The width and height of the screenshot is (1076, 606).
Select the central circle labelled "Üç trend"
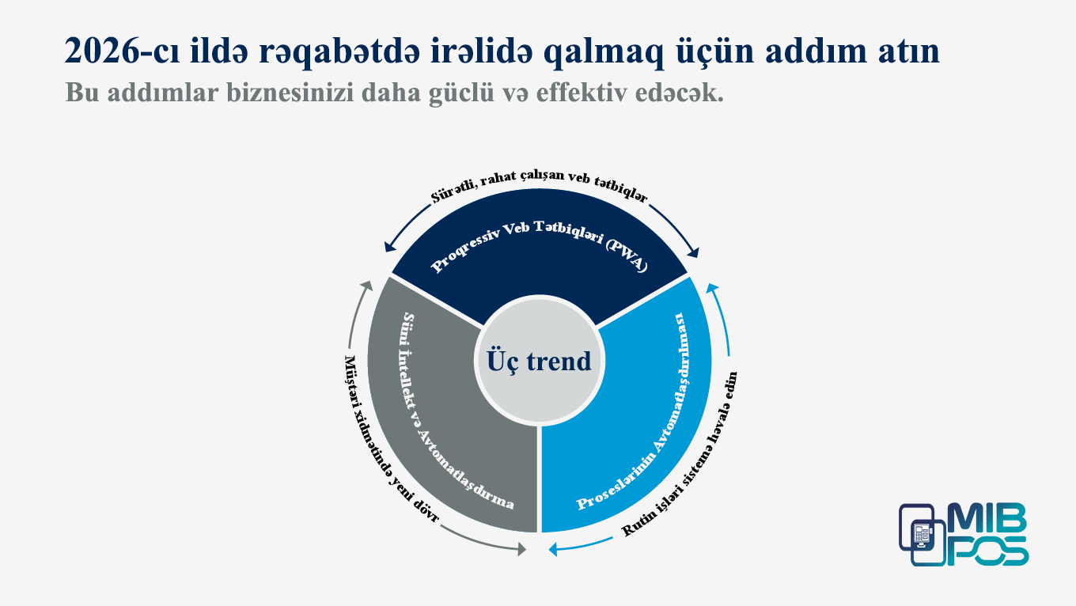pos(539,361)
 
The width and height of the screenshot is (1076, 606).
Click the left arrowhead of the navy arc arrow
pos(388,247)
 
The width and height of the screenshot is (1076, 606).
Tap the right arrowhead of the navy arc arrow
pos(695,253)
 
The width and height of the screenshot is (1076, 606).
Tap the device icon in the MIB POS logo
pos(922,534)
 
